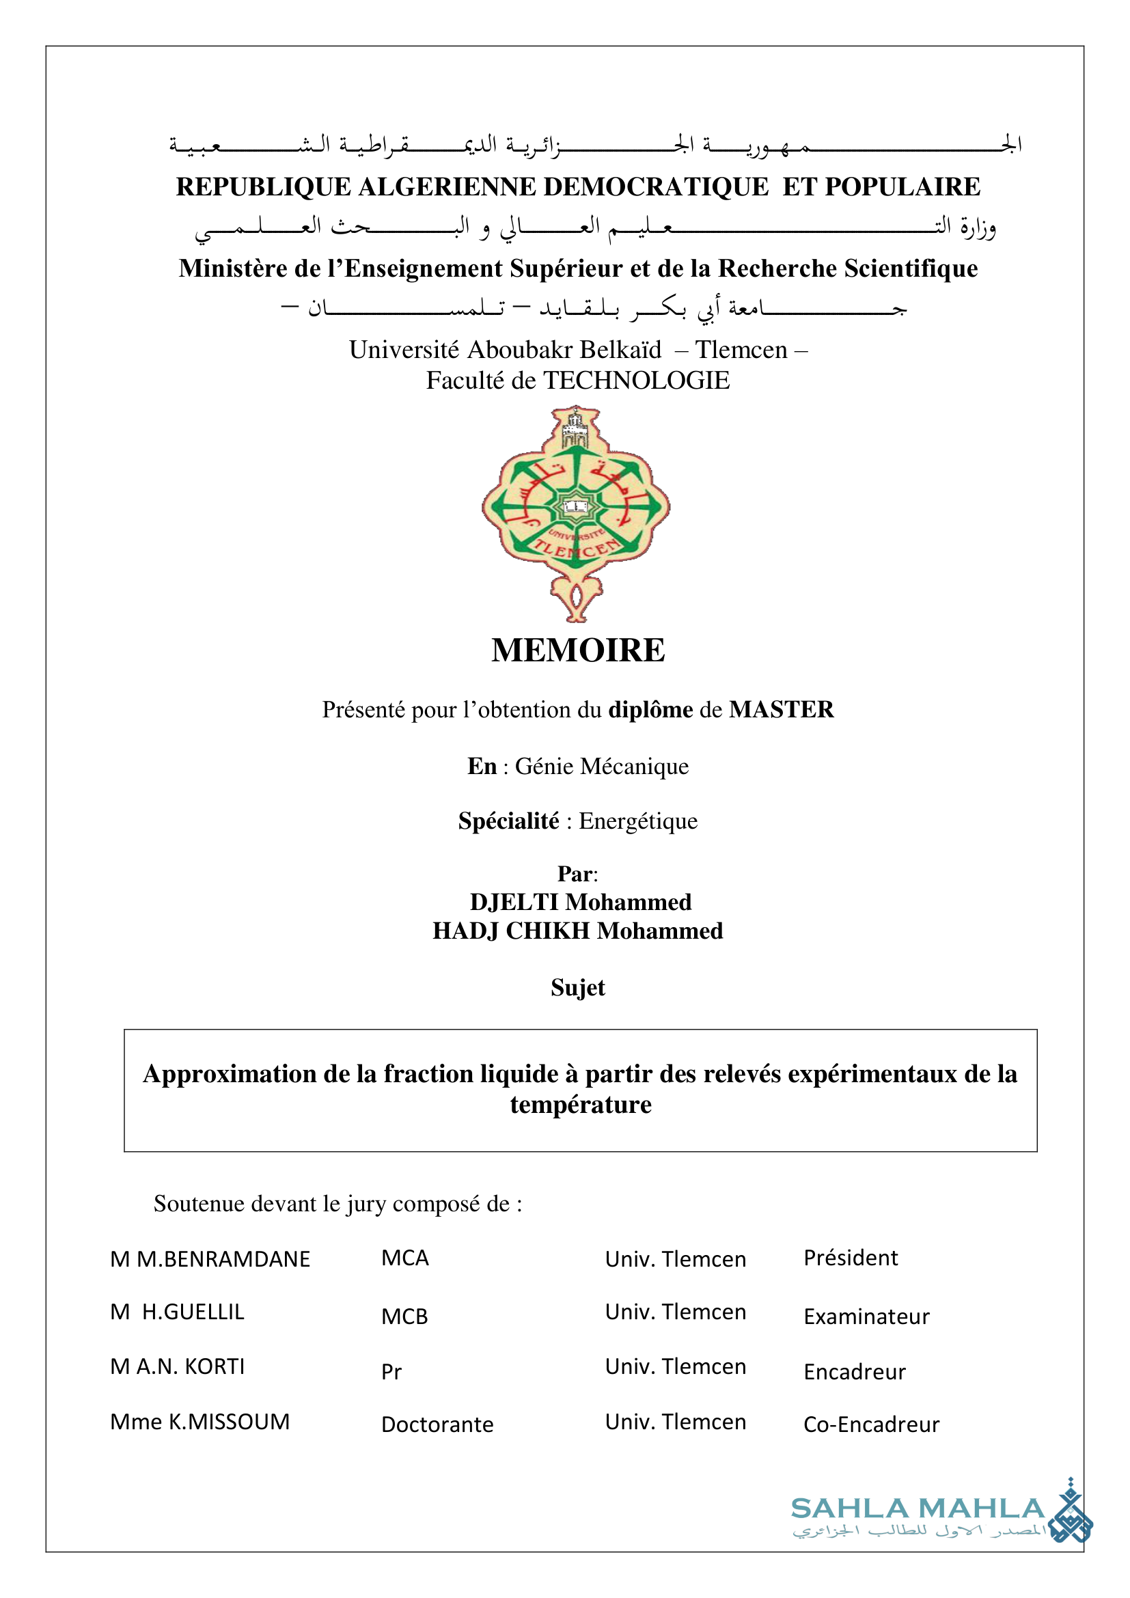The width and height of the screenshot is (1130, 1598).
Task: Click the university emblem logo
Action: [x=576, y=513]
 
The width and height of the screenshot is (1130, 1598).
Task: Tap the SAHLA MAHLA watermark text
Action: [x=917, y=1509]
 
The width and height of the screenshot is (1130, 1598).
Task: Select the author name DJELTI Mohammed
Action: [x=580, y=902]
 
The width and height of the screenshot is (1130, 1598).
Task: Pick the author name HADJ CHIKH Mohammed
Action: [x=577, y=931]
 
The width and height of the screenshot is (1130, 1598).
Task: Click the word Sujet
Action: [x=577, y=988]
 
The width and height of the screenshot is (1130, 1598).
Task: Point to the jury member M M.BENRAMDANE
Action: [x=210, y=1259]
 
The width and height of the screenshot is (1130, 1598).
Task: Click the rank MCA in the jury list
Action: [x=405, y=1258]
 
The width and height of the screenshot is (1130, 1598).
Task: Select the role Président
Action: [x=851, y=1258]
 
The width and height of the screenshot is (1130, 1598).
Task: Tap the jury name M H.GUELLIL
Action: [x=178, y=1312]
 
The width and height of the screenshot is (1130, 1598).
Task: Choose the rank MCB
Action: [x=404, y=1317]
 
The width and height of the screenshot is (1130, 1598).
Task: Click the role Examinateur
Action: [x=866, y=1317]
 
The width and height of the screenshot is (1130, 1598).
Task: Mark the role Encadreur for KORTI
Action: [x=855, y=1372]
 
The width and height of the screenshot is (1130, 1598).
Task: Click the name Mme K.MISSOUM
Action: [x=199, y=1422]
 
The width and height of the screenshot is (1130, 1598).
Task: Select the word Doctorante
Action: [x=437, y=1424]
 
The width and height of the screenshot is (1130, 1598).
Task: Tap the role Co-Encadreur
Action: [x=871, y=1424]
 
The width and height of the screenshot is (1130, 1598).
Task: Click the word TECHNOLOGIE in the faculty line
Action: [x=636, y=381]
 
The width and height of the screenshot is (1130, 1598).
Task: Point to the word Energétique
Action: [x=638, y=821]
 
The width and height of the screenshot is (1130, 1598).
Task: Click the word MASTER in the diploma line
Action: [x=781, y=710]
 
